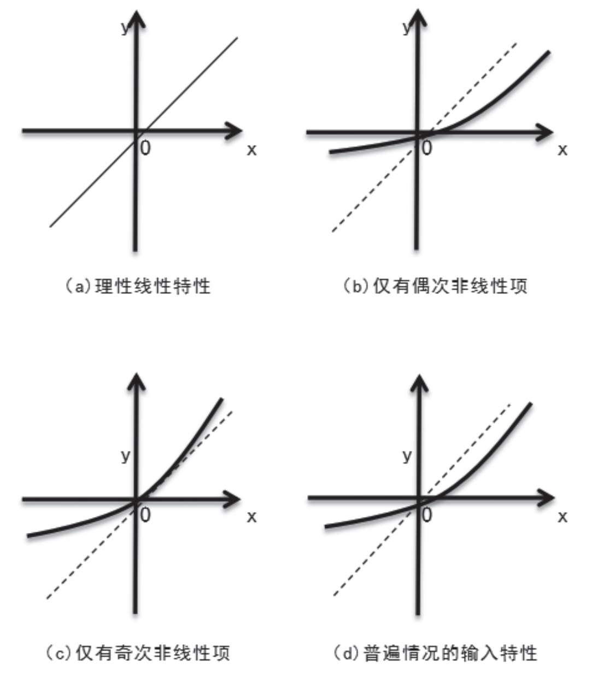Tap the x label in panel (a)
pos(251,150)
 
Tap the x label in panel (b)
pos(562,150)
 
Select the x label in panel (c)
pos(251,516)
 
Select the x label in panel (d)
pos(562,516)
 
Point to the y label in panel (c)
pos(126,455)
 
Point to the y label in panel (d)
pos(407,455)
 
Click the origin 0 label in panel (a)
pos(145,148)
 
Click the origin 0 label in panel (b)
pos(427,148)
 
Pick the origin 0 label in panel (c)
pos(145,515)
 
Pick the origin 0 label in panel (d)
pos(427,515)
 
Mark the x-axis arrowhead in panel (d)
pos(547,497)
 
